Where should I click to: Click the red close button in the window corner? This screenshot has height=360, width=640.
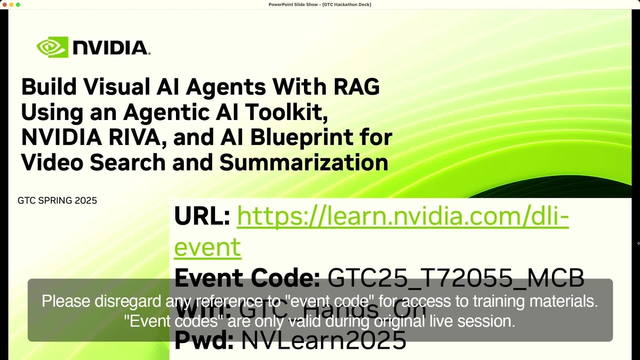4,4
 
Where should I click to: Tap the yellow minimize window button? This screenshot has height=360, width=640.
11,4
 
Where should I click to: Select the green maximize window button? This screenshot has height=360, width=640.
18,4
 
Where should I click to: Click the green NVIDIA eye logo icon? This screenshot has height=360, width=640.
52,47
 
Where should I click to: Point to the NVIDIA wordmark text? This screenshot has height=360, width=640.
110,48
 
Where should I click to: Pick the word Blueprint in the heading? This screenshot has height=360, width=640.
301,138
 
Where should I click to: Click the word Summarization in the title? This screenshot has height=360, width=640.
304,163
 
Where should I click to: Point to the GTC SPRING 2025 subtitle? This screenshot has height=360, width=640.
57,201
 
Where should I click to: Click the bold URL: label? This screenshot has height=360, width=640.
202,217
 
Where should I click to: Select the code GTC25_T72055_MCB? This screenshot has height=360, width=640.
456,277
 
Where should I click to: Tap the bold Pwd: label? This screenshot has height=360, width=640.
204,340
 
